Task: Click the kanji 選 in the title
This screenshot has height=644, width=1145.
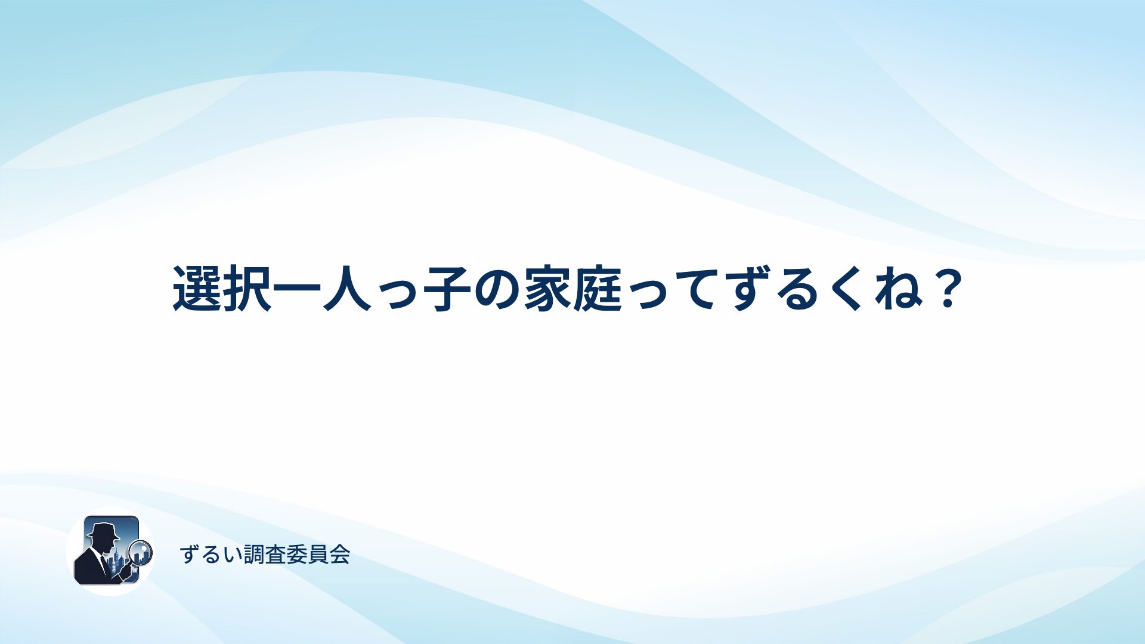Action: click(x=197, y=289)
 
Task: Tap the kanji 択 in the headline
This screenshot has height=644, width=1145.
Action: click(x=247, y=289)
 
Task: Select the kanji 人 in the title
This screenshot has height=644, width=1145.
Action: click(x=347, y=289)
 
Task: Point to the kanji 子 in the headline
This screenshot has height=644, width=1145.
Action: click(x=447, y=289)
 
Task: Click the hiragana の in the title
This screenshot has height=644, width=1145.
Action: click(x=497, y=289)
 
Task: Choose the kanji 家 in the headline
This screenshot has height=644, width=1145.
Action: click(x=547, y=289)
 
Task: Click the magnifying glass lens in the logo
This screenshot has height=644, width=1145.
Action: click(x=141, y=552)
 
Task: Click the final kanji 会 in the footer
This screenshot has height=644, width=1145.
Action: click(x=339, y=555)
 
